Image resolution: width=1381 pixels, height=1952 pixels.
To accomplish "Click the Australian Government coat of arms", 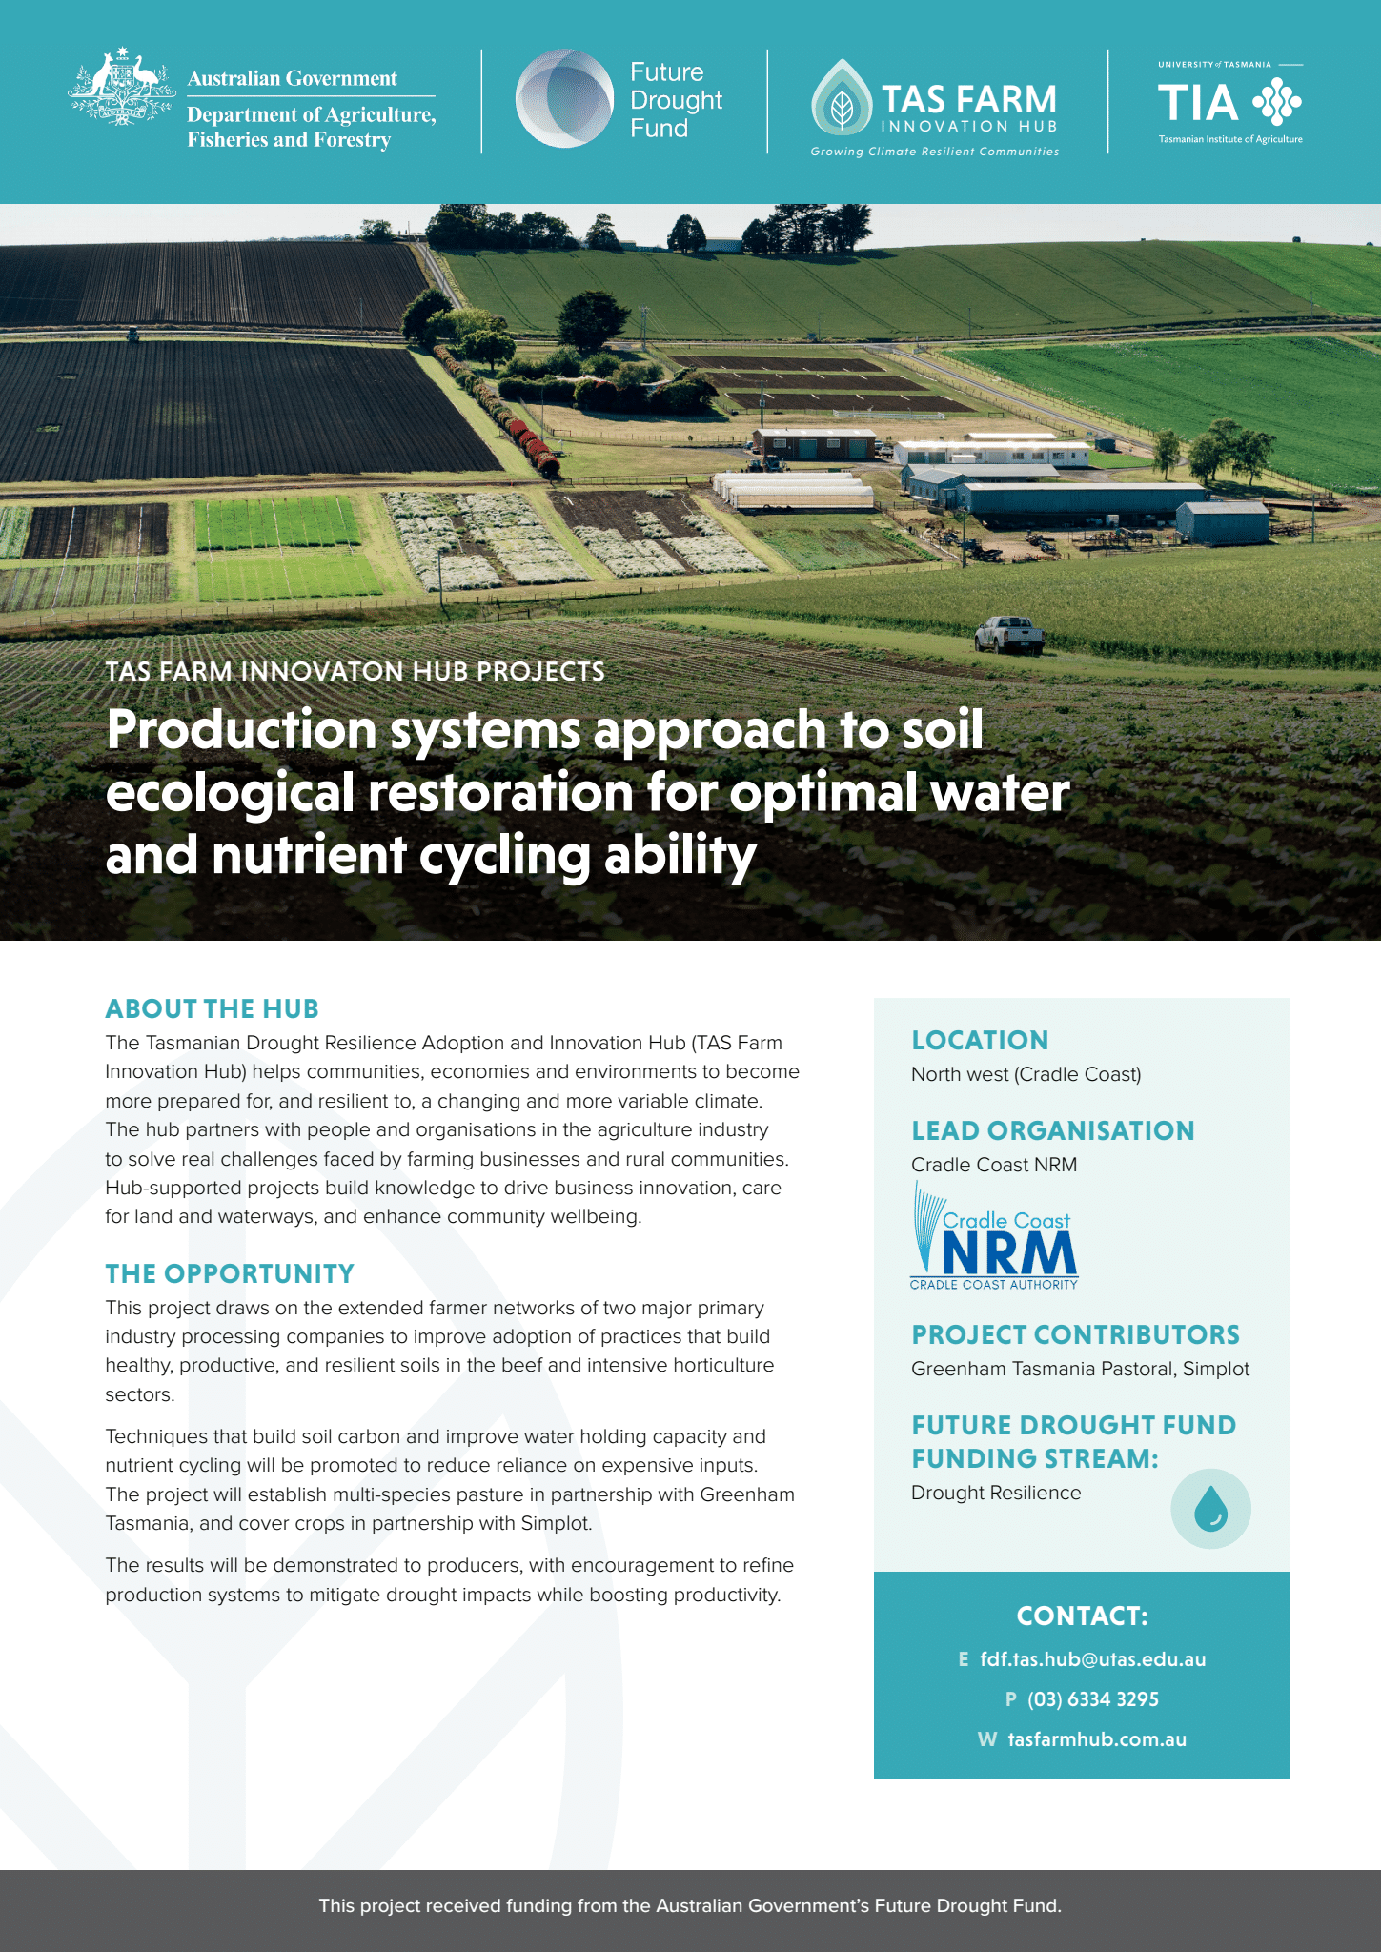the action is [122, 87].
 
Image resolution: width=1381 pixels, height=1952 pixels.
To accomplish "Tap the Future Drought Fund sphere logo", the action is [564, 98].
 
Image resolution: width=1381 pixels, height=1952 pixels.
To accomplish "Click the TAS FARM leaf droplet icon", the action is [842, 98].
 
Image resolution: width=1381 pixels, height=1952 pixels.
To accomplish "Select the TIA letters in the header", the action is [1198, 103].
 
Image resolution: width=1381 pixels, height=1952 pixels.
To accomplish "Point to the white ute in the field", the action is [1008, 634].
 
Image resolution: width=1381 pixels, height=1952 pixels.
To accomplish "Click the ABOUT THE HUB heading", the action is [212, 1008].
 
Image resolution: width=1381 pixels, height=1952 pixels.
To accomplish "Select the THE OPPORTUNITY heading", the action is [230, 1273].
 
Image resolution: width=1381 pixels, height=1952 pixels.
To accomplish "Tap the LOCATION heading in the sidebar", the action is [980, 1040].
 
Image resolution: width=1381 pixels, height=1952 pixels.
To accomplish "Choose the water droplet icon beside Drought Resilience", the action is [1210, 1508].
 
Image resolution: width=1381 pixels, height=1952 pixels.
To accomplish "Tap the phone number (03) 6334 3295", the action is [1093, 1699].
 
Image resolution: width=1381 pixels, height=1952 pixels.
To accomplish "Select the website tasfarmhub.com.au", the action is [1097, 1739].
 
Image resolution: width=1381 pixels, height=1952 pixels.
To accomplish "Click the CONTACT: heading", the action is [1083, 1616].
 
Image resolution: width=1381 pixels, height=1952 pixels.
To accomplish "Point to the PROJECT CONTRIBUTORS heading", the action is [1076, 1334].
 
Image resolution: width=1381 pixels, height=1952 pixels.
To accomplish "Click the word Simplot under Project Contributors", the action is [1216, 1369].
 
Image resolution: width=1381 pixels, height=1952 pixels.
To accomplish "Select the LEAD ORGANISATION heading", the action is [1053, 1130].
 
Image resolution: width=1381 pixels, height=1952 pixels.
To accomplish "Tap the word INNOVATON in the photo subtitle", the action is [354, 671].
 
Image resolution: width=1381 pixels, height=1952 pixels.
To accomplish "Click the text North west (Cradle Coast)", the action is [1026, 1074].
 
